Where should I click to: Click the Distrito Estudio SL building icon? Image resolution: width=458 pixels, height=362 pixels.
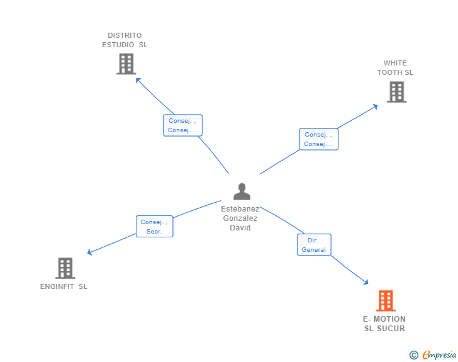tap(126, 64)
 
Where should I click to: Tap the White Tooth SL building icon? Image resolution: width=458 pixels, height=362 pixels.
tap(396, 92)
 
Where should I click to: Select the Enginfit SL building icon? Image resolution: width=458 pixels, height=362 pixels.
tap(65, 268)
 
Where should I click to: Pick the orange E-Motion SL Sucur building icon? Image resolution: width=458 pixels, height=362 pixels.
tap(386, 301)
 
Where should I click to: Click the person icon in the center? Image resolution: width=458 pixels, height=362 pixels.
tap(242, 191)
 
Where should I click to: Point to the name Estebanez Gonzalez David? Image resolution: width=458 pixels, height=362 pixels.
tap(240, 218)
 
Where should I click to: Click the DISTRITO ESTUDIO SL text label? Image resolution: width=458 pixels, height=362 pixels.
tap(125, 40)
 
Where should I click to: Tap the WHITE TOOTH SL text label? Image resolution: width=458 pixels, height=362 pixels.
tap(395, 67)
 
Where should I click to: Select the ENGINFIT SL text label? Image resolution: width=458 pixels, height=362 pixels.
tap(64, 287)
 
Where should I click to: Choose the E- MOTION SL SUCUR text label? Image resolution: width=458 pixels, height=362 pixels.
tap(384, 324)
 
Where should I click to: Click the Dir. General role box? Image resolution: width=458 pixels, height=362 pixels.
tap(314, 245)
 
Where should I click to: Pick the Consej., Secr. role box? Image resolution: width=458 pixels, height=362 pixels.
tap(154, 227)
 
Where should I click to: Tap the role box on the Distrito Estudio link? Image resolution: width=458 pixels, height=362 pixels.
tap(182, 126)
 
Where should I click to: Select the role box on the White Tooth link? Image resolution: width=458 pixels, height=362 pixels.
tap(318, 139)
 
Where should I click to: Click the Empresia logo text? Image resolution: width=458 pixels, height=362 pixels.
tap(439, 355)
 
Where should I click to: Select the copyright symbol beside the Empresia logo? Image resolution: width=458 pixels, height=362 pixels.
tap(413, 355)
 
